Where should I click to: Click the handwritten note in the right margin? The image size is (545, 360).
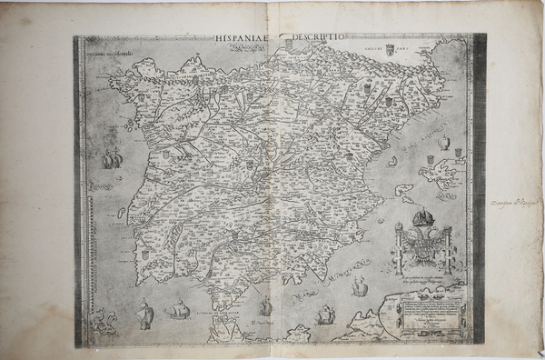pos(513,202)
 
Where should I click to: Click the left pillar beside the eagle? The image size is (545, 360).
pos(397,246)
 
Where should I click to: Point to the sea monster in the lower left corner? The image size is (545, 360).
pos(104,321)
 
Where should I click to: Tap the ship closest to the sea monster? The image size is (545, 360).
pos(143,315)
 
